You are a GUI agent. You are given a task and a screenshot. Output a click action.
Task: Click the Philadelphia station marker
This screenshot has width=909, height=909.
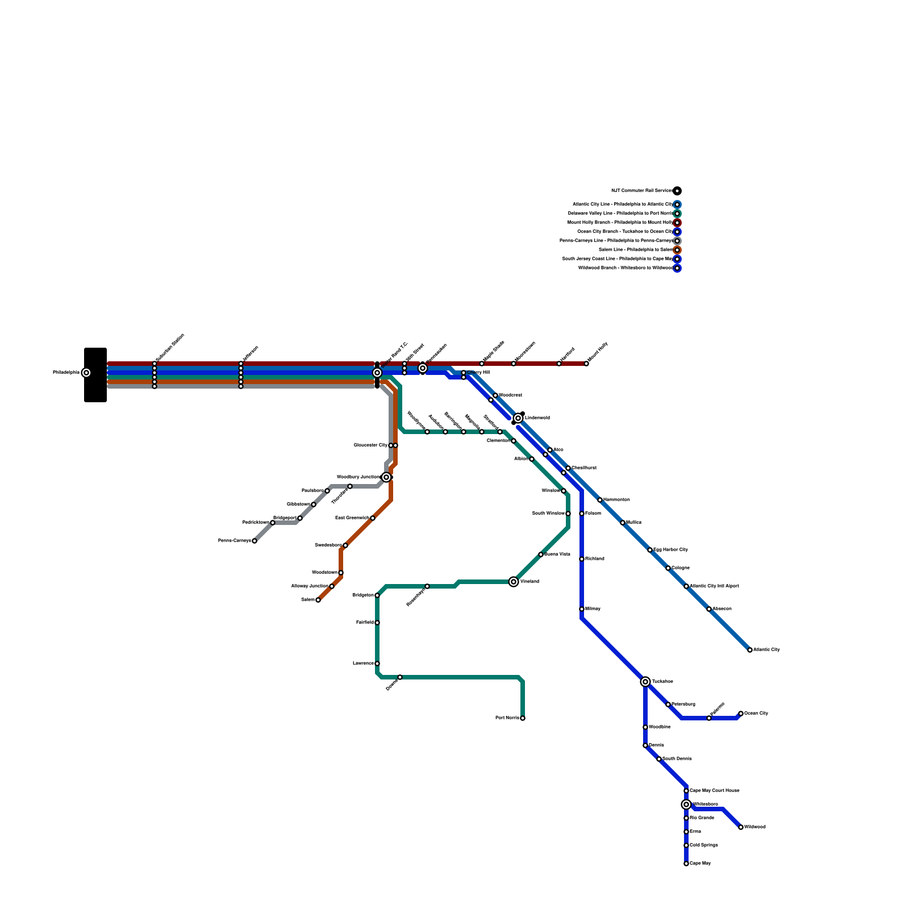click(x=86, y=373)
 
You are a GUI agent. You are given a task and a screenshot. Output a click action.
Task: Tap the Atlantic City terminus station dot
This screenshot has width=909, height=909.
click(x=750, y=650)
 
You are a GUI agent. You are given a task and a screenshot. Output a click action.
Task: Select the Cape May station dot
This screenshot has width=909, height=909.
click(x=686, y=864)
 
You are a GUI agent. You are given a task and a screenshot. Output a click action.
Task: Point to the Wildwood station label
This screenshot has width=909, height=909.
click(x=755, y=827)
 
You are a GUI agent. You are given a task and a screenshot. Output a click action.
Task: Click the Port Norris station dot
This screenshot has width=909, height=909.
click(x=523, y=718)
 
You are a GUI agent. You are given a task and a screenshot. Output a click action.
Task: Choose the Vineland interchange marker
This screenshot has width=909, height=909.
click(x=514, y=582)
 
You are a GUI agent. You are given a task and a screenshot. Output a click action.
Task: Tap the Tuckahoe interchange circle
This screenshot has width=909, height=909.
click(x=645, y=682)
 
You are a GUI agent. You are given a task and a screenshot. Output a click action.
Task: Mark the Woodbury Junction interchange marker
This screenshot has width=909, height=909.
click(x=386, y=477)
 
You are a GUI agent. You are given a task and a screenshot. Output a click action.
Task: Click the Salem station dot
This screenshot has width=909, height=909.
click(x=318, y=600)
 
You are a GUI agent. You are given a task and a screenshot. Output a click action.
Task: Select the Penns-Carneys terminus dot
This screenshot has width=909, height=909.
click(x=255, y=541)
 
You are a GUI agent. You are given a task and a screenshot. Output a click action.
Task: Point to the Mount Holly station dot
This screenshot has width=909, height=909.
click(x=586, y=364)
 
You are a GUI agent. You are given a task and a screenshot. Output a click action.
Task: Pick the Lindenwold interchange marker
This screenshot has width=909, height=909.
click(x=518, y=418)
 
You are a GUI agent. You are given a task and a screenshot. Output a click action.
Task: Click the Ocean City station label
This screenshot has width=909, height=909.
click(x=756, y=714)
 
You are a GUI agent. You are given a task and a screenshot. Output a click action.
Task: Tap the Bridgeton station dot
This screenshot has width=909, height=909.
click(x=377, y=595)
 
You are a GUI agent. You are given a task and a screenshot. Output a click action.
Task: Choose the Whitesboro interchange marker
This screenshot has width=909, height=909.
click(x=686, y=804)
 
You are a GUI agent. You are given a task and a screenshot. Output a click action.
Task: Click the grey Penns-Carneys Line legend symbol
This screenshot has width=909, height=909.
click(x=677, y=241)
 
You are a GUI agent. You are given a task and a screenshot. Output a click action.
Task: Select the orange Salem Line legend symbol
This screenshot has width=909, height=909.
click(x=677, y=250)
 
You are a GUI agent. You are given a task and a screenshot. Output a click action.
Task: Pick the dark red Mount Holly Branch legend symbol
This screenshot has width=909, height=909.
click(x=677, y=223)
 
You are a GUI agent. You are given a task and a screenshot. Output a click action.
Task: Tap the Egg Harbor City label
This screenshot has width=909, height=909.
click(x=670, y=550)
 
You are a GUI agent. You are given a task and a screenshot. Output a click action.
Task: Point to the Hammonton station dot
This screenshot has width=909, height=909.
click(x=600, y=500)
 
